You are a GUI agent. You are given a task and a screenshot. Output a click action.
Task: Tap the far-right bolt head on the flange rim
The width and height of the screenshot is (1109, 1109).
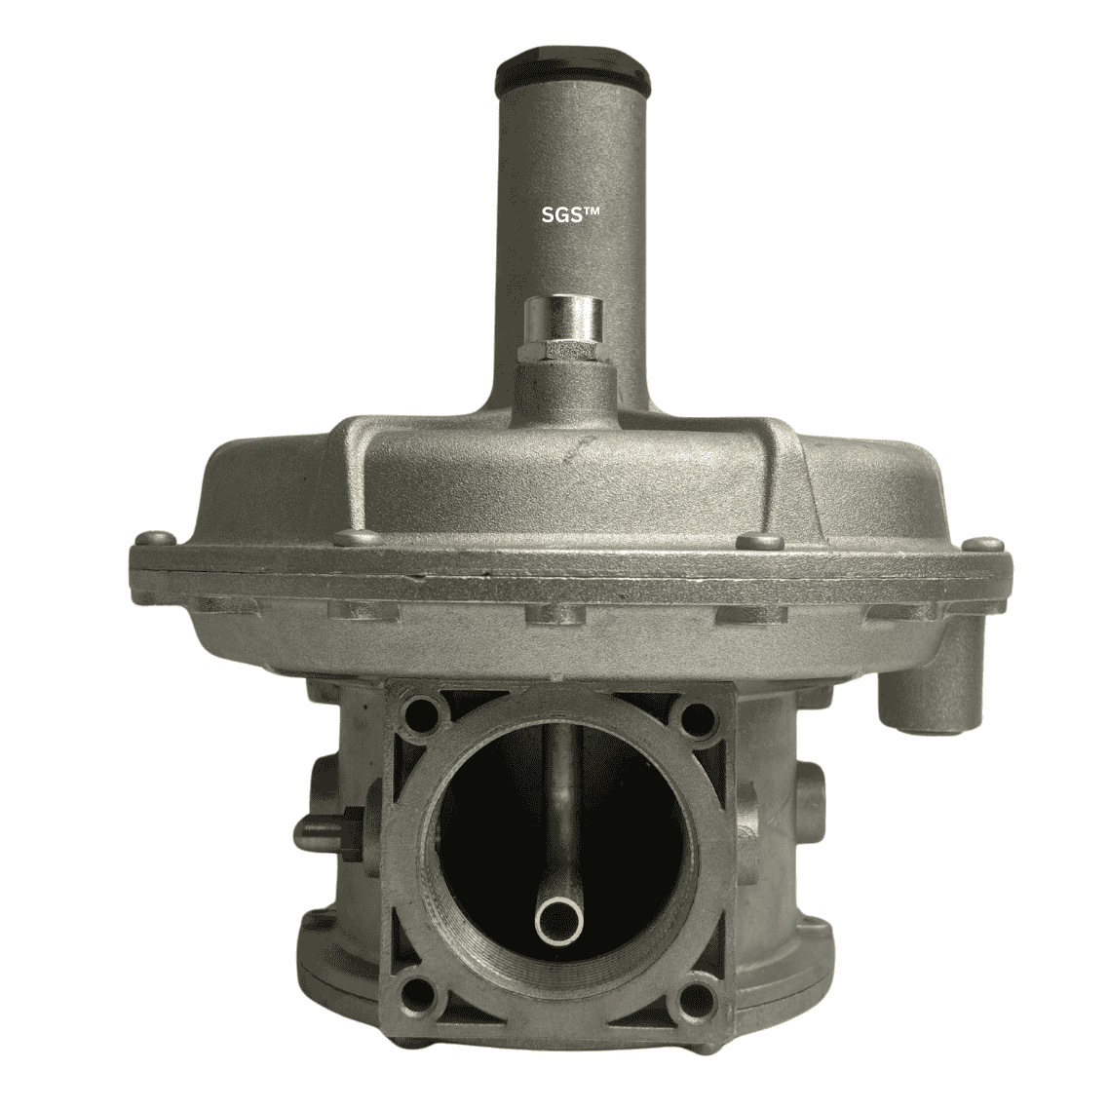pyautogui.click(x=984, y=545)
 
